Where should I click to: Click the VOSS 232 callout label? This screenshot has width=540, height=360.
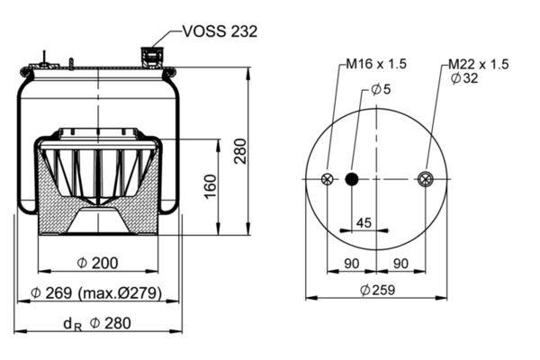220,31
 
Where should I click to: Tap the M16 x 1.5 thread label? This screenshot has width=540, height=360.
376,64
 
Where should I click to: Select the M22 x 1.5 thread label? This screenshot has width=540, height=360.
479,64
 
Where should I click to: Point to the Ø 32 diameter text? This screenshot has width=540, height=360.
464,78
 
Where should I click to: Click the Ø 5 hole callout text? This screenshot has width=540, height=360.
382,90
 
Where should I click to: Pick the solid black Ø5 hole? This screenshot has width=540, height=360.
352,179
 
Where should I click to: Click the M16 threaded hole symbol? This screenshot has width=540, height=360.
328,179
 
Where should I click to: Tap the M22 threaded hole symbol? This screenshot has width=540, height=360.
426,179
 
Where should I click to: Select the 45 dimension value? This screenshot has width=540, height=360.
364,223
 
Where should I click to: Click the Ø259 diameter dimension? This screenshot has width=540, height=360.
378,290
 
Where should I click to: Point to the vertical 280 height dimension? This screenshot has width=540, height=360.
240,151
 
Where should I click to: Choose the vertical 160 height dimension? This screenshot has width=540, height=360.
211,186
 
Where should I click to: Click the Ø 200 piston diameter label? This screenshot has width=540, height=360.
97,263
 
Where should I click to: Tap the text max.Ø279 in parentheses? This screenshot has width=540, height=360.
120,293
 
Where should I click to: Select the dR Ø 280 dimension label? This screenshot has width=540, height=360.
97,324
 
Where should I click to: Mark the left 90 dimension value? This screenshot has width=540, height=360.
352,264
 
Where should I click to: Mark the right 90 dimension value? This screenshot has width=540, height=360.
400,264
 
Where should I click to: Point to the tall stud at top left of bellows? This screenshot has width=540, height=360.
44,58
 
